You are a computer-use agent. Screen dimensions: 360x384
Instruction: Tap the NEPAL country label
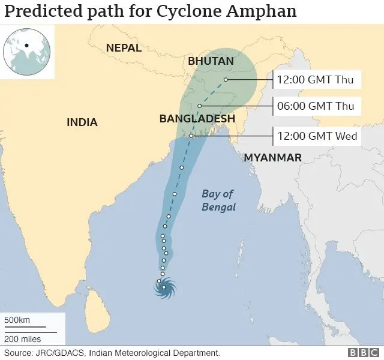[x=123, y=48]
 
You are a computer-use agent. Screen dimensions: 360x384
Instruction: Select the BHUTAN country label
[x=211, y=61]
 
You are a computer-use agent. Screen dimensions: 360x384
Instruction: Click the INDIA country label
[x=82, y=122]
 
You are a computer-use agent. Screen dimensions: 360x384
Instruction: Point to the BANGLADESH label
[x=197, y=119]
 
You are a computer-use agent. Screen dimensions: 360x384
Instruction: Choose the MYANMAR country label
[x=272, y=157]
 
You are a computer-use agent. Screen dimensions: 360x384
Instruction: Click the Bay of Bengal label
[x=218, y=200]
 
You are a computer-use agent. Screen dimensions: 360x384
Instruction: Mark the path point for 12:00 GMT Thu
[x=226, y=79]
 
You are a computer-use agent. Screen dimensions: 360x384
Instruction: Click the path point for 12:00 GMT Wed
[x=191, y=136]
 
